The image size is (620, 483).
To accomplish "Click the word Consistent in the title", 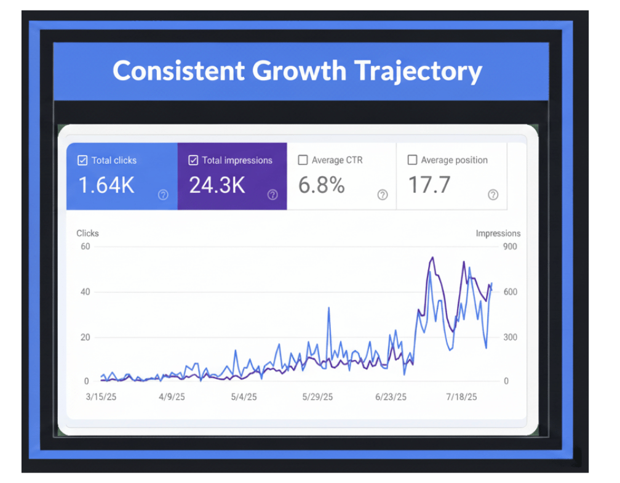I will (x=178, y=71).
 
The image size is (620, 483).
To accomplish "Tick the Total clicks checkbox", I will (x=82, y=160).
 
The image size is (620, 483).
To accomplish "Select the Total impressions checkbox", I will (x=193, y=160).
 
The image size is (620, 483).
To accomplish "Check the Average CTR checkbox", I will (x=303, y=160).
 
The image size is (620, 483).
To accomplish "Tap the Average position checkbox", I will (x=412, y=160).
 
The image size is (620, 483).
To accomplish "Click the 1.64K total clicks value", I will (x=106, y=185).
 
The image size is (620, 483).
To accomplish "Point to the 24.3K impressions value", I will (x=217, y=185).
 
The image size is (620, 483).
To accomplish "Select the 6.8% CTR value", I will (x=321, y=185).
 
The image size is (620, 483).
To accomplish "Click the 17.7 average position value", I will (x=429, y=185).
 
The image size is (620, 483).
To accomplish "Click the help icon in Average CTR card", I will (x=383, y=195).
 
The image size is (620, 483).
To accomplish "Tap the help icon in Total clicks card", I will (x=163, y=195).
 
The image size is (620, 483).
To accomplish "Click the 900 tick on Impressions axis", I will (x=510, y=246).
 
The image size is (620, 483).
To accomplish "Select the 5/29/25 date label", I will (x=318, y=397).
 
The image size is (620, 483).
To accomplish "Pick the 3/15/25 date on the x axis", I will (x=101, y=397).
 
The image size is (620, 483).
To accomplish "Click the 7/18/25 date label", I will (x=461, y=397).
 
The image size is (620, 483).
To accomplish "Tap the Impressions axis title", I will (x=498, y=233).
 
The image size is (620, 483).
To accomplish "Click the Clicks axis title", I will (x=87, y=233).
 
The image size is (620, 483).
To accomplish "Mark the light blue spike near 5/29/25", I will (x=328, y=308).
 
